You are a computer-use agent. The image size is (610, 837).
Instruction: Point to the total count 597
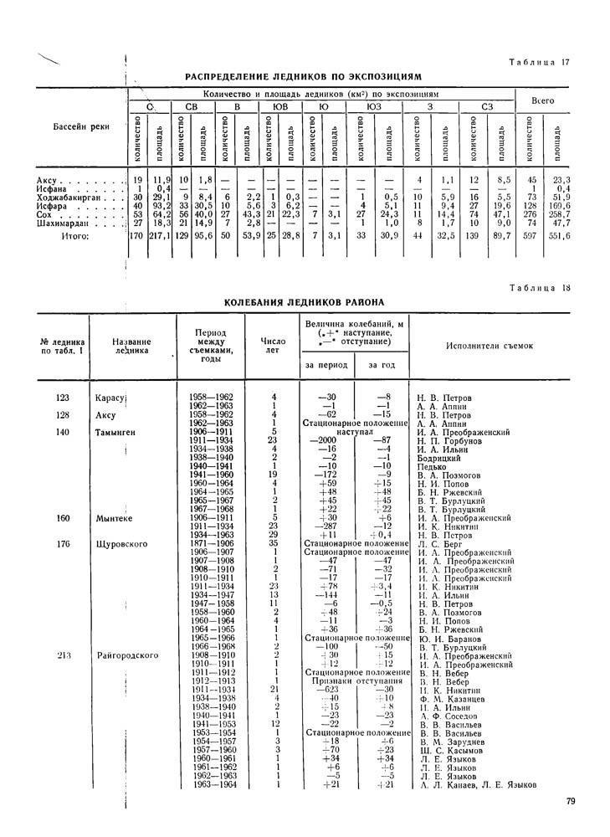click(x=529, y=238)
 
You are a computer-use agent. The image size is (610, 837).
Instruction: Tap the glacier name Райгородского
click(x=128, y=655)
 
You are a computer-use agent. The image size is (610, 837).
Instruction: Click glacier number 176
click(x=63, y=543)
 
